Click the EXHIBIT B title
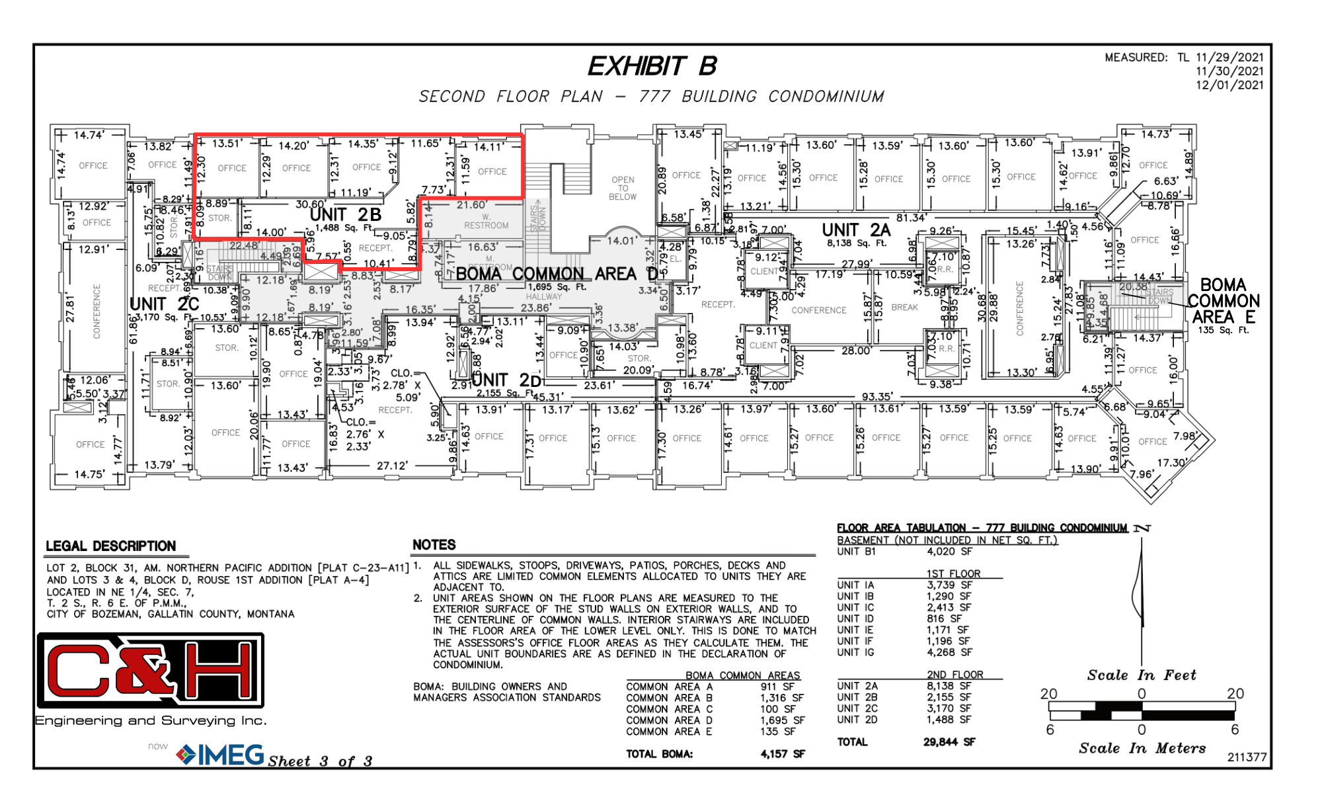pyautogui.click(x=652, y=66)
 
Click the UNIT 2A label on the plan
pyautogui.click(x=856, y=230)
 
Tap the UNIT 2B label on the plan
pyautogui.click(x=346, y=215)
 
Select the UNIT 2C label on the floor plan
pyautogui.click(x=164, y=304)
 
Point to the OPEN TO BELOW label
pyautogui.click(x=623, y=189)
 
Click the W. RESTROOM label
pyautogui.click(x=486, y=221)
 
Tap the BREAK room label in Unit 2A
pyautogui.click(x=904, y=308)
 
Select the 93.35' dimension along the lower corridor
pyautogui.click(x=877, y=397)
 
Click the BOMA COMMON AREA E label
pyautogui.click(x=1223, y=301)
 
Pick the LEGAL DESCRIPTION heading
pyautogui.click(x=110, y=546)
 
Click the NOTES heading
pyautogui.click(x=434, y=545)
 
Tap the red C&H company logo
pyautogui.click(x=151, y=671)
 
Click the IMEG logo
pyautogui.click(x=221, y=755)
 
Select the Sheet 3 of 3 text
pyautogui.click(x=320, y=761)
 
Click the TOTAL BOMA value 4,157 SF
pyautogui.click(x=782, y=754)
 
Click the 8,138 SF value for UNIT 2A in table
pyautogui.click(x=949, y=687)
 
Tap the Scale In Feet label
pyautogui.click(x=1141, y=675)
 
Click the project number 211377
pyautogui.click(x=1247, y=757)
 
